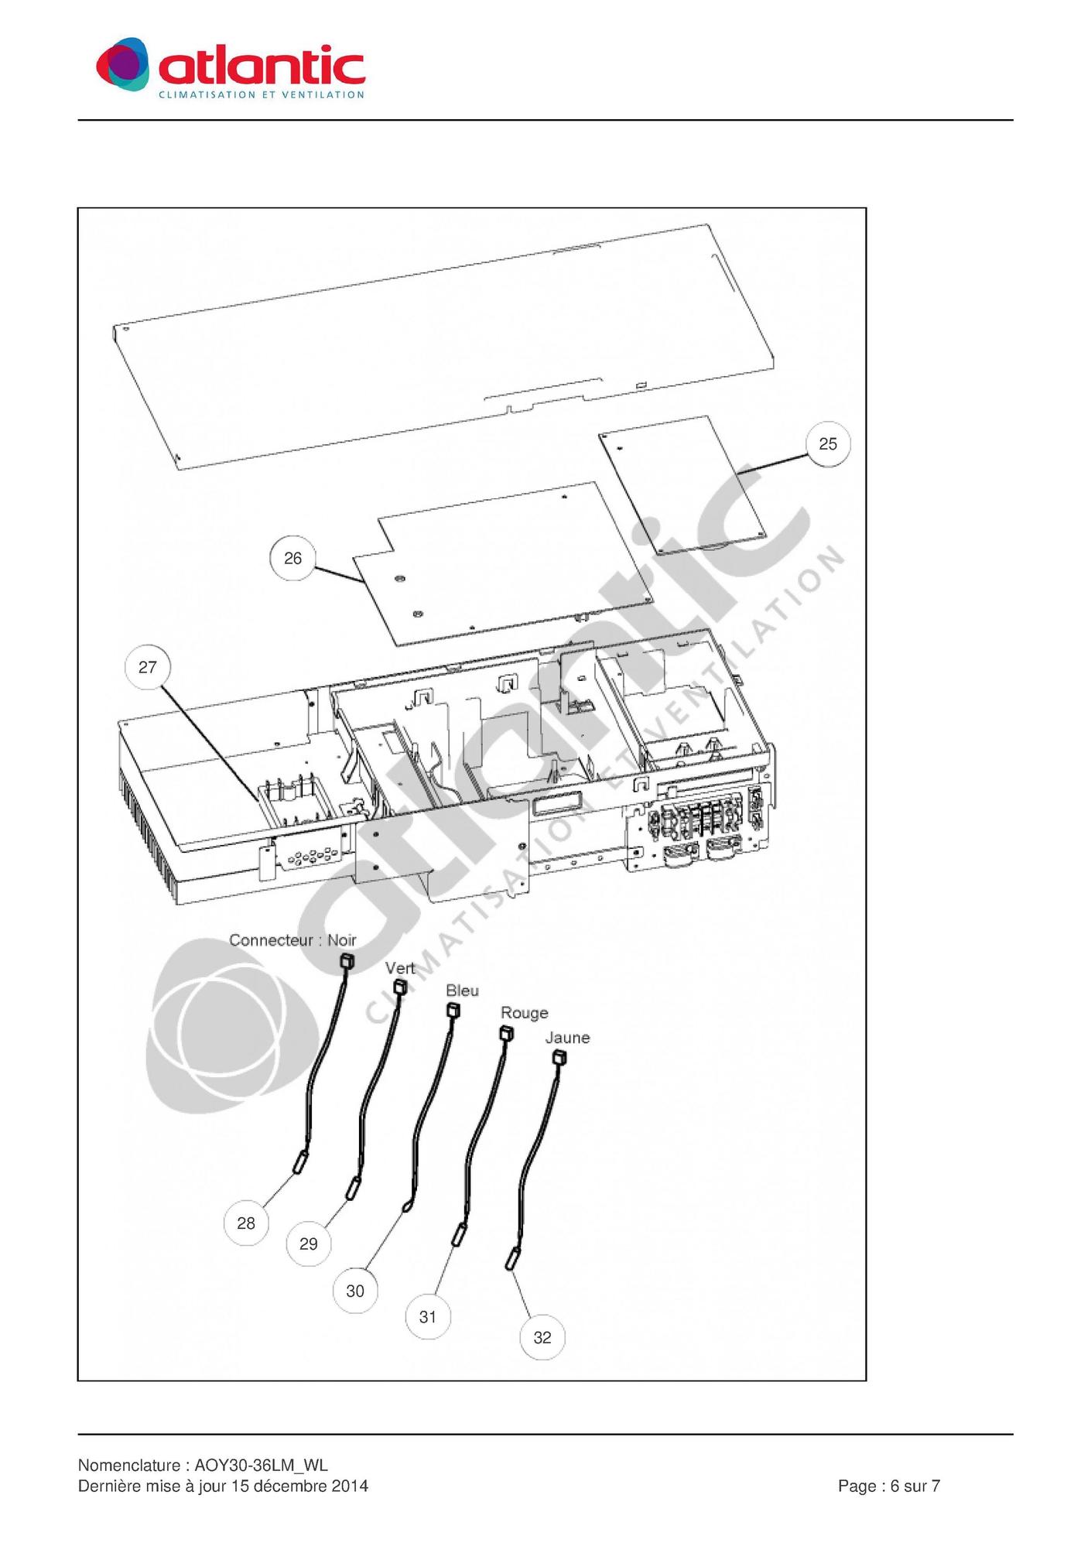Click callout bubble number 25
[x=828, y=443]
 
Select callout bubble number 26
[x=292, y=558]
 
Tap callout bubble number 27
[x=147, y=667]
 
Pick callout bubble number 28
[x=245, y=1223]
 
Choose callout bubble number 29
[x=308, y=1244]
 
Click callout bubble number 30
[x=355, y=1291]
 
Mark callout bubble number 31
[x=428, y=1316]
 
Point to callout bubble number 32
[x=542, y=1337]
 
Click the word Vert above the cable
[x=400, y=968]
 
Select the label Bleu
[x=462, y=990]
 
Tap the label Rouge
[x=524, y=1013]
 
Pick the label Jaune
[x=567, y=1038]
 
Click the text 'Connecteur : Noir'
[x=292, y=940]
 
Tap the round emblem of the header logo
[x=122, y=64]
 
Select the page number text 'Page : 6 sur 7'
[x=889, y=1486]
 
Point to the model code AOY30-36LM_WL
[x=261, y=1465]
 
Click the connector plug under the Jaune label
[x=559, y=1057]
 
